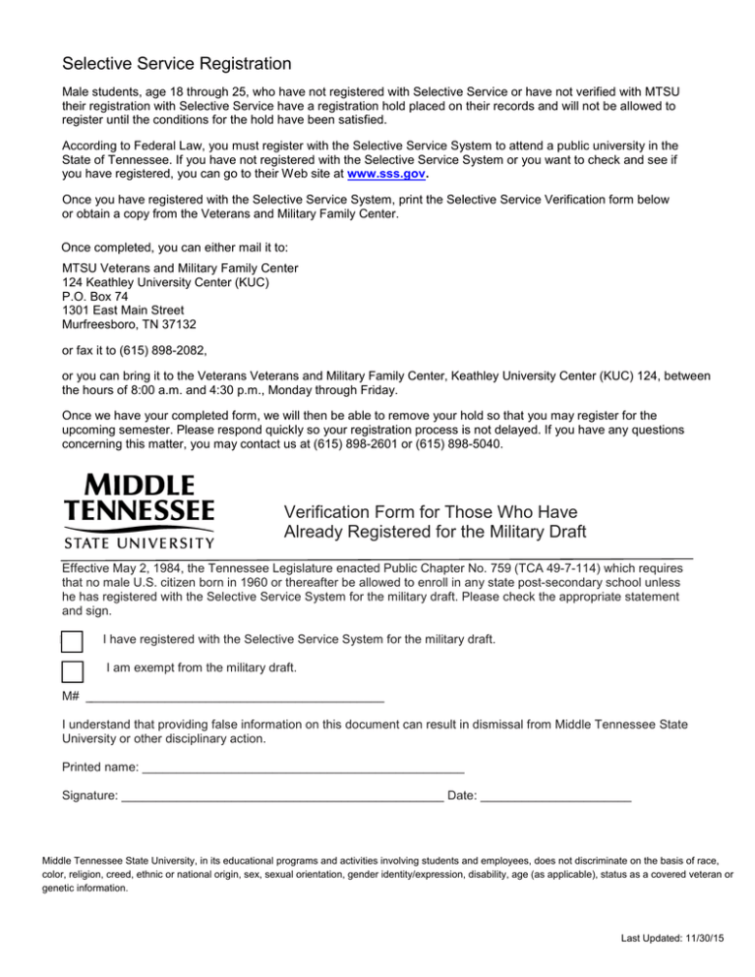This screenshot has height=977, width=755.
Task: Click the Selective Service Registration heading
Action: [176, 65]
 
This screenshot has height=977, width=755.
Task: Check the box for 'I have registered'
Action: [72, 641]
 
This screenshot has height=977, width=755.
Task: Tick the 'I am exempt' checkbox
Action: [72, 672]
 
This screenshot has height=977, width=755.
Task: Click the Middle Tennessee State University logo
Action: [138, 511]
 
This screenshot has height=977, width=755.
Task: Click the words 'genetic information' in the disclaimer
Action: [93, 888]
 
